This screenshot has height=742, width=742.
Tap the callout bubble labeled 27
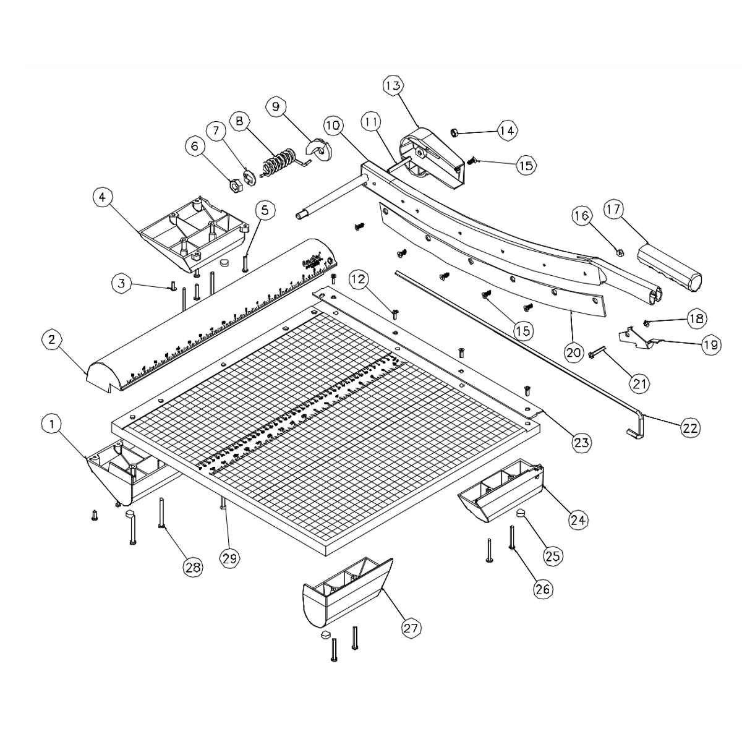411,628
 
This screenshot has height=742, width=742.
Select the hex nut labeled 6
235,184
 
